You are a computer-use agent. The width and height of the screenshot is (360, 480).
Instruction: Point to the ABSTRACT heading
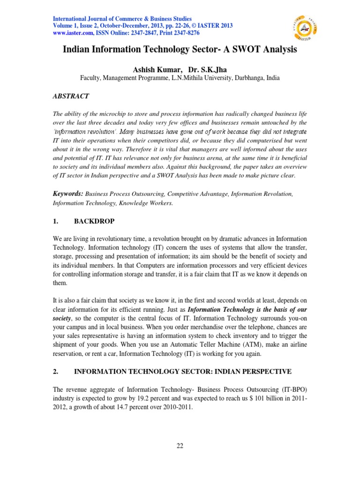point(70,96)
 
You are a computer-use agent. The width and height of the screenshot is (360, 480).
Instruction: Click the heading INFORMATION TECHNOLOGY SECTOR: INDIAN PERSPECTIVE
point(183,372)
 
